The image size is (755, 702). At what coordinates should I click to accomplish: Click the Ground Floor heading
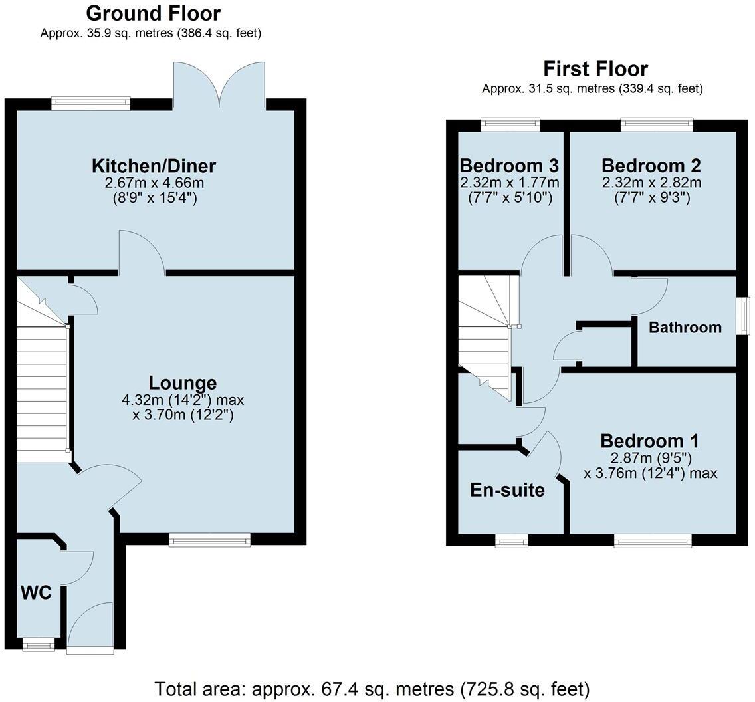tap(154, 13)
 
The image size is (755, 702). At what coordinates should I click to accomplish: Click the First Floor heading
tap(595, 69)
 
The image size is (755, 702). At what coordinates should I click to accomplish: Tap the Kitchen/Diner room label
tap(154, 166)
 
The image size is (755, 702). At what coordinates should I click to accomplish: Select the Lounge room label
tap(182, 383)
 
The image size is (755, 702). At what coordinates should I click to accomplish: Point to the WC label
tap(36, 592)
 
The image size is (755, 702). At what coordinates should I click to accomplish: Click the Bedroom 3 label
tap(509, 165)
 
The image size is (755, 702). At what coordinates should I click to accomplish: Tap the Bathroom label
tap(685, 327)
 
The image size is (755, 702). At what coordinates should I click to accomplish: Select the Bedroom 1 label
tap(649, 441)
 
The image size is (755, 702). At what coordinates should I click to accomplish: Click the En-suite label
tap(507, 490)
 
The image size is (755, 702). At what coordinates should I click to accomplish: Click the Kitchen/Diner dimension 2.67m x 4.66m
tap(154, 183)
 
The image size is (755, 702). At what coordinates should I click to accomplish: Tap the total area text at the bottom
tap(372, 689)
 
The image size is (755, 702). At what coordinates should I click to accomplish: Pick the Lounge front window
tap(209, 540)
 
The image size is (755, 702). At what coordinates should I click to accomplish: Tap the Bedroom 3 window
tap(510, 122)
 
